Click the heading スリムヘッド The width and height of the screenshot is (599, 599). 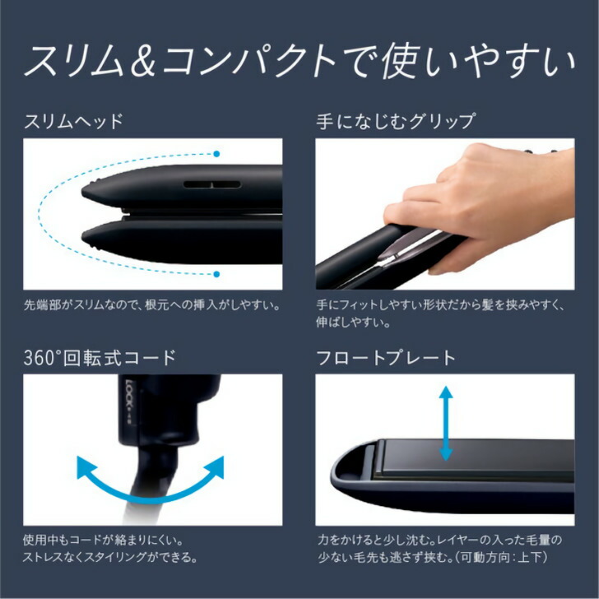[74, 122]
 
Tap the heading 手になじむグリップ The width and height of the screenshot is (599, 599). [396, 122]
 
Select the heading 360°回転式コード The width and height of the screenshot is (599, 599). [100, 358]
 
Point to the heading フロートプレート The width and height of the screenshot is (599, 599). [386, 358]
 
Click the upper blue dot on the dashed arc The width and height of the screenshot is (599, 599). [216, 154]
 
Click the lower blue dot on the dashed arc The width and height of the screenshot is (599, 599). [216, 274]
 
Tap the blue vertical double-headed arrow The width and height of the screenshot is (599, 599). [446, 425]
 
